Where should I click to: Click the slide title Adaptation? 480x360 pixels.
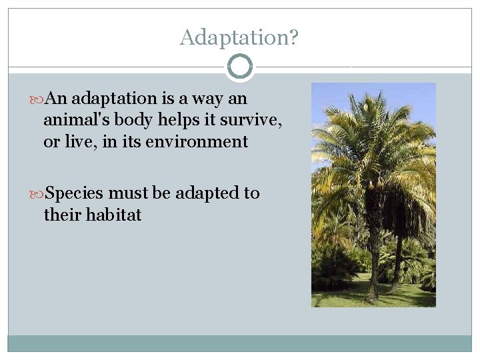[x=239, y=37]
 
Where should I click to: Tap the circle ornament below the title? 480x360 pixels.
[x=240, y=67]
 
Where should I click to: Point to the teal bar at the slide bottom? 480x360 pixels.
[x=239, y=343]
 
